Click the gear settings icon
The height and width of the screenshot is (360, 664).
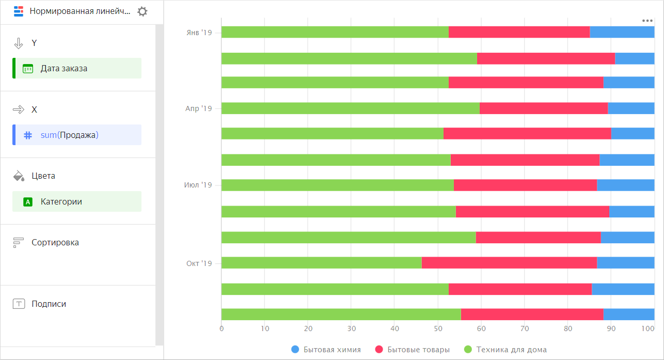click(143, 11)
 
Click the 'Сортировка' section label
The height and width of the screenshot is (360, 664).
click(55, 242)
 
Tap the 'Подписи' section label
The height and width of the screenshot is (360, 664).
click(49, 304)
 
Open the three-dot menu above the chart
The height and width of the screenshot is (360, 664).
click(647, 21)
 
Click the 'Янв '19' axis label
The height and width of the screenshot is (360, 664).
click(199, 33)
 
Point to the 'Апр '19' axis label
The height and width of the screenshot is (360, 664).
click(199, 108)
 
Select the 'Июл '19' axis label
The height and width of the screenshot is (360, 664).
click(198, 185)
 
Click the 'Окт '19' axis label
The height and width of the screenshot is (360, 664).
click(199, 263)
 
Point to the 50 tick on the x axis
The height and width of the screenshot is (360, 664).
click(438, 328)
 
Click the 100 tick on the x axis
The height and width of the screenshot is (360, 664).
click(654, 328)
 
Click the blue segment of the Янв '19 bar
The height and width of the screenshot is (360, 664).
click(622, 32)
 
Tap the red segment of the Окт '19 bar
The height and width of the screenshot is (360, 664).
click(509, 263)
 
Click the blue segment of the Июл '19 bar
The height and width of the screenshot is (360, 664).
click(625, 185)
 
